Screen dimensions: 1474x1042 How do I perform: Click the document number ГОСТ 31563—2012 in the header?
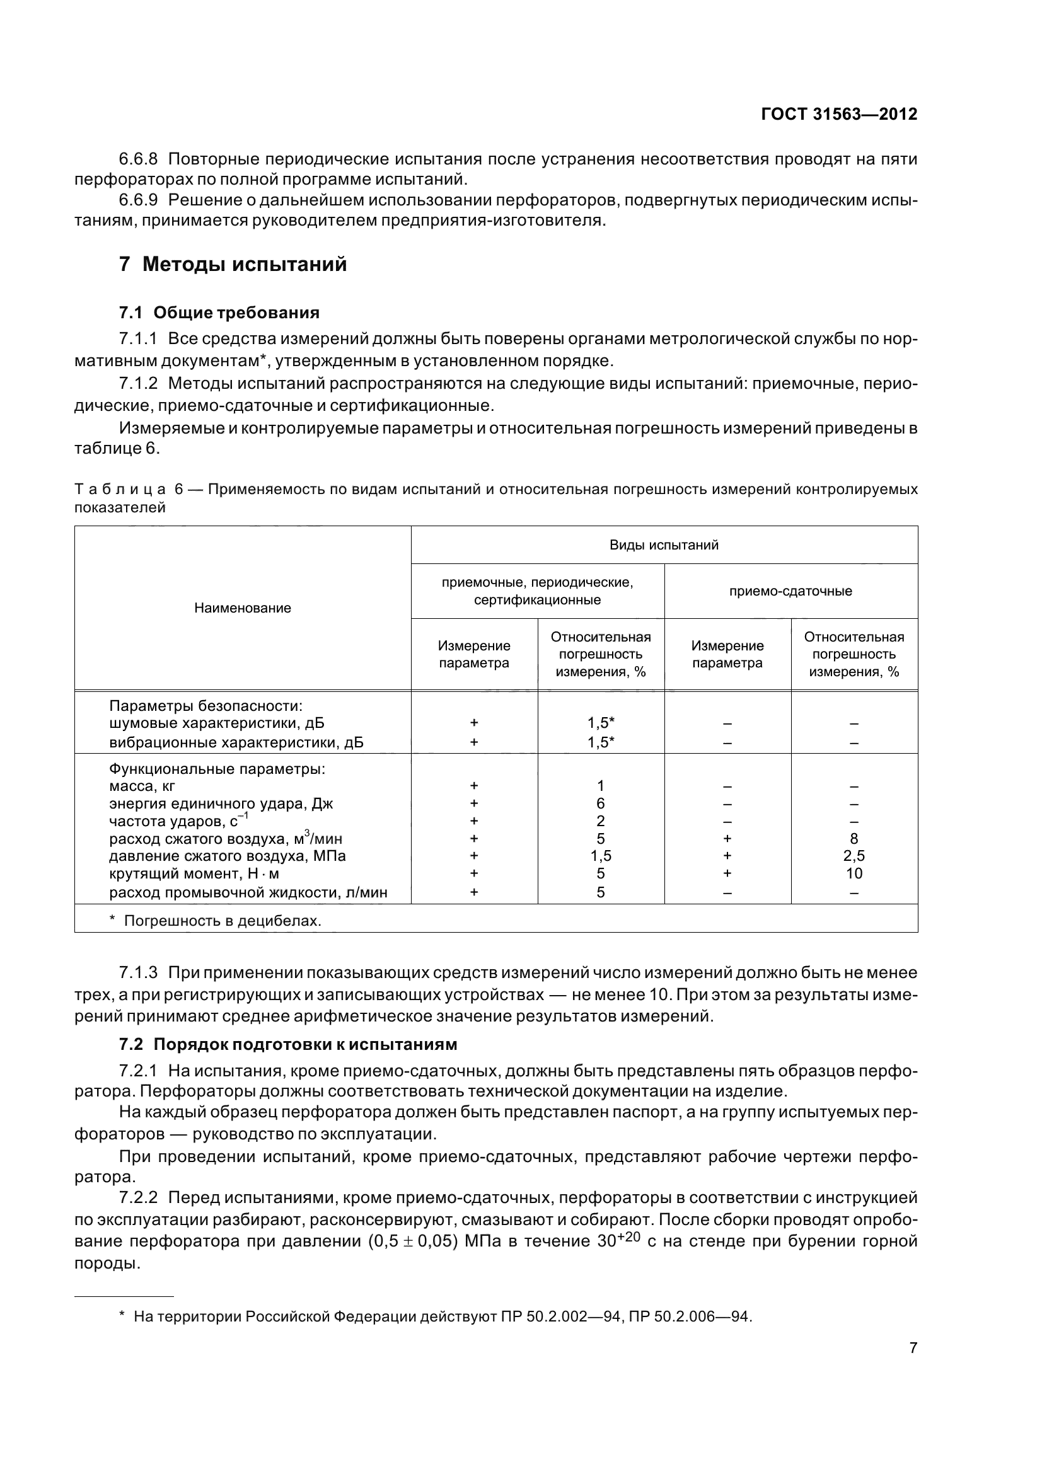click(x=838, y=114)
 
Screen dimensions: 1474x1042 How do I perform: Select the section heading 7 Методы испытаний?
click(x=233, y=264)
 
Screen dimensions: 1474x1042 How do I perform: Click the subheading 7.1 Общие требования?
click(x=219, y=313)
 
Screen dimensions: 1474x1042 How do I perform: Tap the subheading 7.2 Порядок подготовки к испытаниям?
click(x=287, y=1044)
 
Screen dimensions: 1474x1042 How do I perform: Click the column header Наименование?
click(x=243, y=608)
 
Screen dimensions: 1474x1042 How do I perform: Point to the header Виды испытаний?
click(x=663, y=545)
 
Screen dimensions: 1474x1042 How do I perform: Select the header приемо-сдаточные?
click(x=790, y=591)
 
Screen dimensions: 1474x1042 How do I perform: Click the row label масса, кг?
click(x=142, y=786)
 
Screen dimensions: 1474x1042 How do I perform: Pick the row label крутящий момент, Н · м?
click(x=194, y=873)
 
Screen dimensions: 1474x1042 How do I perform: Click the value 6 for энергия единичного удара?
click(x=600, y=803)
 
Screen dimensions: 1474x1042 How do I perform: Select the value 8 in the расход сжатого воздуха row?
click(x=854, y=838)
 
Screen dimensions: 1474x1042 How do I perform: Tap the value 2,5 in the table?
click(x=854, y=856)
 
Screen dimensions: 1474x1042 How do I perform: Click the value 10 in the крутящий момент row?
click(x=854, y=873)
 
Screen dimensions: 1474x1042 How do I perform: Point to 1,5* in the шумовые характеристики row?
click(x=600, y=723)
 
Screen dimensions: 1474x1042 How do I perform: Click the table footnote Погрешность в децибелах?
click(x=221, y=921)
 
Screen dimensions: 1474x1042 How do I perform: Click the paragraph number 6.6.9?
click(x=138, y=200)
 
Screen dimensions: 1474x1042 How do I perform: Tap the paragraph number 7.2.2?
click(x=138, y=1198)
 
